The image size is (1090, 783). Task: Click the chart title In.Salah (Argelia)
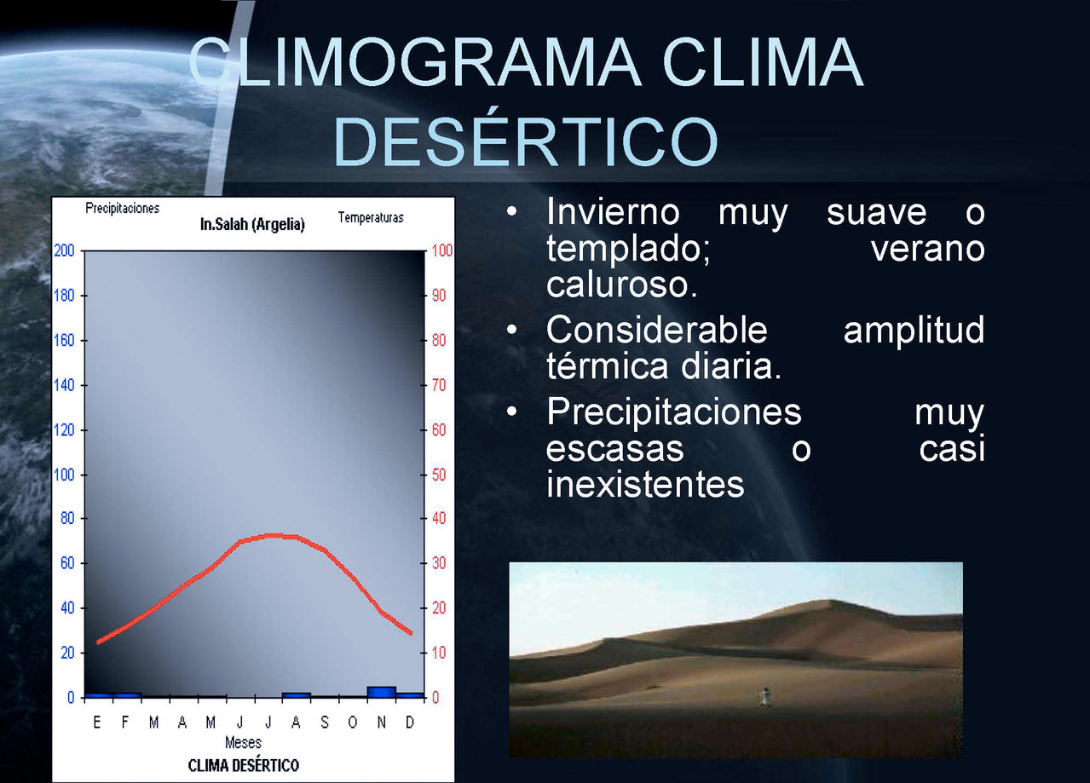point(252,224)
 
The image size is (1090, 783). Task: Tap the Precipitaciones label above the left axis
point(122,208)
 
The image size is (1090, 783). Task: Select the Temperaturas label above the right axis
point(371,217)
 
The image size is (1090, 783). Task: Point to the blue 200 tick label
point(64,250)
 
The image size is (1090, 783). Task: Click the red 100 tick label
point(442,250)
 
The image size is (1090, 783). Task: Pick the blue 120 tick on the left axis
point(64,430)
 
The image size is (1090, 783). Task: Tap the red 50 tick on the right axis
point(438,475)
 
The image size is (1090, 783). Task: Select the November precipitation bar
point(382,692)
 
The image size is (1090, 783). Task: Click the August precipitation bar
point(297,695)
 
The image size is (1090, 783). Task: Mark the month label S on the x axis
point(325,723)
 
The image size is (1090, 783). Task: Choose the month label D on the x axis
point(410,723)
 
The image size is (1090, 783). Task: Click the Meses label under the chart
point(243,743)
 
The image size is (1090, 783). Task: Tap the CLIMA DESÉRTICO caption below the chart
point(243,765)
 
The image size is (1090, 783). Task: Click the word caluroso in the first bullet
point(622,284)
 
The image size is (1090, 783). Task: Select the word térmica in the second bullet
point(608,366)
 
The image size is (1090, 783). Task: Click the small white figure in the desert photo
point(764,696)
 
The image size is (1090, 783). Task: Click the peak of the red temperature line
point(273,535)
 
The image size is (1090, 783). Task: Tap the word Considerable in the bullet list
point(657,330)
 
